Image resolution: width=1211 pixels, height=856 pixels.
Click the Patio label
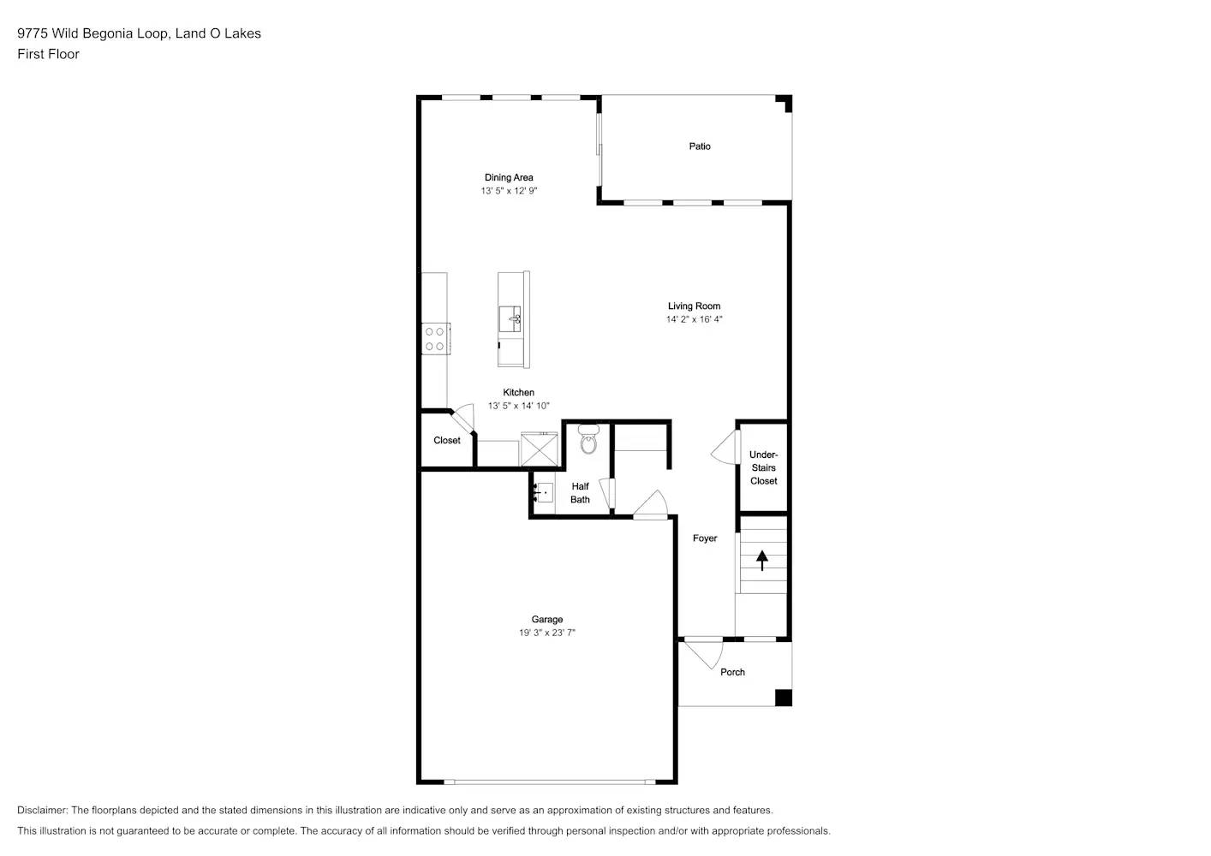[700, 146]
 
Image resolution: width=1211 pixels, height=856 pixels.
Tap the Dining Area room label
[509, 178]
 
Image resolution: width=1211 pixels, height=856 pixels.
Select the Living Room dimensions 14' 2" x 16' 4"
[694, 319]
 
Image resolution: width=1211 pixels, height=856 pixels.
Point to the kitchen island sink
[510, 318]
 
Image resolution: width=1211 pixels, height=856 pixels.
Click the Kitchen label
[518, 393]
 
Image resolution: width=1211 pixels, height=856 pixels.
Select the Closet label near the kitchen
[446, 441]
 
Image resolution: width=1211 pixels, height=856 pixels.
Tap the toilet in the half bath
[588, 441]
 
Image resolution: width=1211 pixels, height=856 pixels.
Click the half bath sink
[543, 493]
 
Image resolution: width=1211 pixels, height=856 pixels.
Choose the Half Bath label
[580, 493]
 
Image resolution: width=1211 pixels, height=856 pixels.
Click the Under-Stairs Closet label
[763, 468]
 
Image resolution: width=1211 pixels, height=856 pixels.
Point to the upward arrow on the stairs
[761, 561]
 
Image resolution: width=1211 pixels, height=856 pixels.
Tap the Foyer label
[705, 538]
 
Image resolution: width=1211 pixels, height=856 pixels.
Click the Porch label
[732, 673]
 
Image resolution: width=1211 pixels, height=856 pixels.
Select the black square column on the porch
[783, 698]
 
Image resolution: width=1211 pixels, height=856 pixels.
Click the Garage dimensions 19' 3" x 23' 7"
[546, 633]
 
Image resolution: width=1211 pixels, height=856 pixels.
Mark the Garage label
[546, 620]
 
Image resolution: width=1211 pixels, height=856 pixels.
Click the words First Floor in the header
[48, 54]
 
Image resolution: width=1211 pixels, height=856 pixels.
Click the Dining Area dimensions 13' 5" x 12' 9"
[509, 192]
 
